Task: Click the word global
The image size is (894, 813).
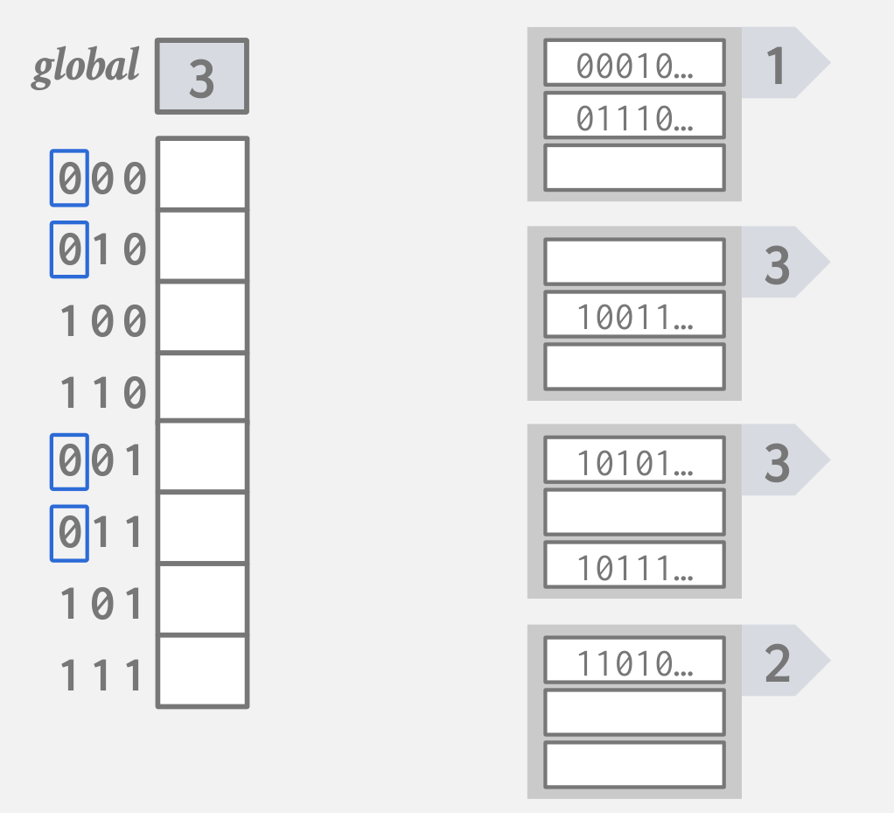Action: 85,67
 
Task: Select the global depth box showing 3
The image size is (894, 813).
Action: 202,77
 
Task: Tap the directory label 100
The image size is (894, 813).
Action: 101,321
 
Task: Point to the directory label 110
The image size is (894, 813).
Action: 101,393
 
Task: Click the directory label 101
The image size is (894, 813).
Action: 101,603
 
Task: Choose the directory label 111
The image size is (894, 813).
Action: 101,675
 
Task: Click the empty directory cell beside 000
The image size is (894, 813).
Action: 202,174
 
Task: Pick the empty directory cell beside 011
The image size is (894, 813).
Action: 202,529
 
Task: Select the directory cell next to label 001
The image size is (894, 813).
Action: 202,457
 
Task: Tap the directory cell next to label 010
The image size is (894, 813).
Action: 202,246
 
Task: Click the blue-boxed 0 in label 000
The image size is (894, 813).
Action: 69,179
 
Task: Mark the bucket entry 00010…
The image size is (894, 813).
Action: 634,64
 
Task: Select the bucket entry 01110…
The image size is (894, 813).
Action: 634,116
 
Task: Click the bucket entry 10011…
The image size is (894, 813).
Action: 634,315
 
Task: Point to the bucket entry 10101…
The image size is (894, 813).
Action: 634,460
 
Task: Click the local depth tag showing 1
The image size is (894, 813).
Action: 778,64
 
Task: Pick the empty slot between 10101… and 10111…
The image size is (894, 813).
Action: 634,512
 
